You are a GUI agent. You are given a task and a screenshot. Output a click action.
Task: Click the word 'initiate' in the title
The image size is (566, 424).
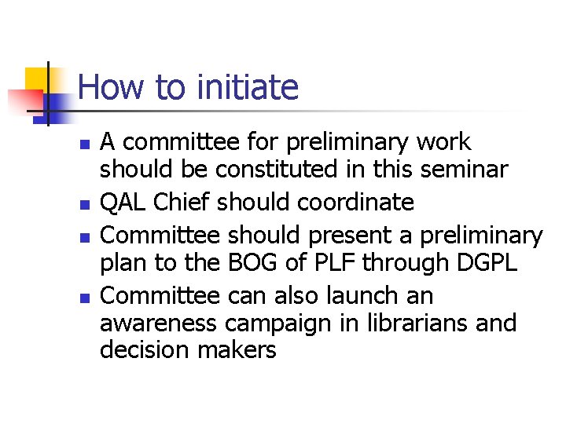pyautogui.click(x=248, y=87)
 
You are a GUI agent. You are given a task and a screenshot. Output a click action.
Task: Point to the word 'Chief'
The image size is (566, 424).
pyautogui.click(x=182, y=203)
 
